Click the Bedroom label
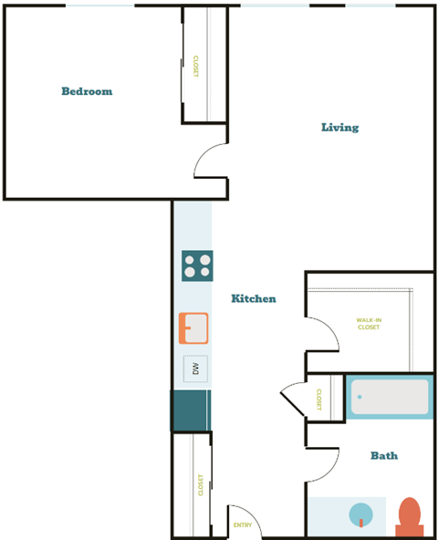(87, 91)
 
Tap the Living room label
(339, 128)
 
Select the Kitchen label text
(253, 298)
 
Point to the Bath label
(383, 455)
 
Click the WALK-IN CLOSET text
(369, 323)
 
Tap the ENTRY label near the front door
(243, 524)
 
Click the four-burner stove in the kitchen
(197, 265)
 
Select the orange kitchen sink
(193, 327)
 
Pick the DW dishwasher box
(195, 369)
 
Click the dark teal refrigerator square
(191, 410)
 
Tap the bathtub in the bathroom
(390, 397)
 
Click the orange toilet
(409, 516)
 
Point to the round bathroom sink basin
(360, 514)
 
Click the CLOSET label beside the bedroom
(195, 66)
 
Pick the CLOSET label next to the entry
(201, 484)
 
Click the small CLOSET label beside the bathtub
(319, 399)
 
